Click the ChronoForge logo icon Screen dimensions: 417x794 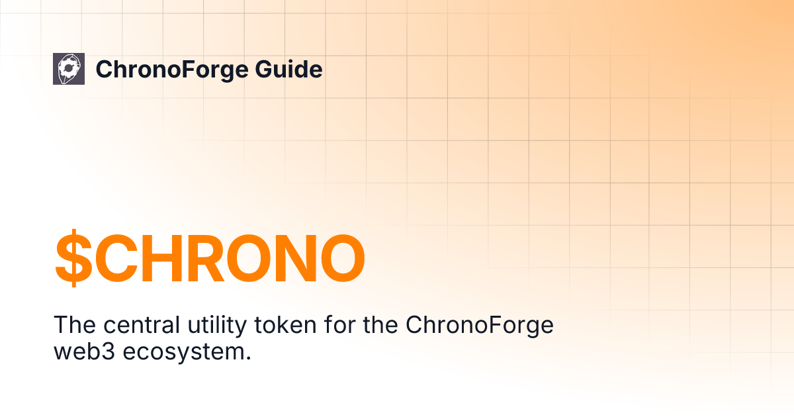tap(69, 69)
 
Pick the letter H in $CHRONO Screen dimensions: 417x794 tap(170, 258)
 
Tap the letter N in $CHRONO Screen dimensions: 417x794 tap(287, 258)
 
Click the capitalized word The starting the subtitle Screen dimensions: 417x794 tap(74, 326)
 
